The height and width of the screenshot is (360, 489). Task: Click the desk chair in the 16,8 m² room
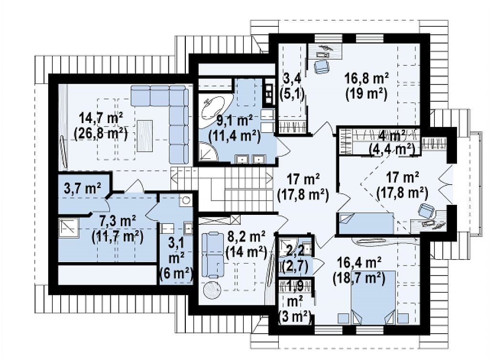(x=322, y=66)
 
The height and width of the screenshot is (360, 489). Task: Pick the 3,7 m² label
(x=82, y=189)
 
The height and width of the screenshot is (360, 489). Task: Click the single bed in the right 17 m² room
(x=366, y=223)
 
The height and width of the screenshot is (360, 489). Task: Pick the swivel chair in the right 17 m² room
(x=426, y=211)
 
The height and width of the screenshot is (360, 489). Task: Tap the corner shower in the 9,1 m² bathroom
(x=207, y=151)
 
